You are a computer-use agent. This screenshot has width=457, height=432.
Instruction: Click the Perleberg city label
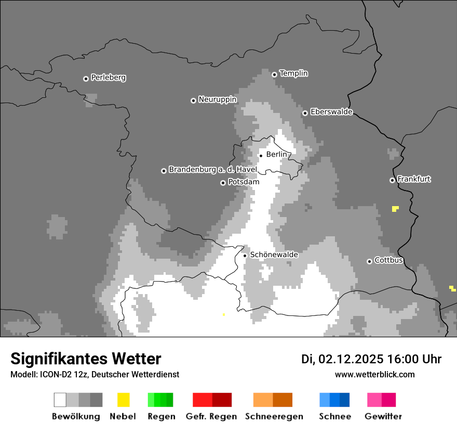coord(108,78)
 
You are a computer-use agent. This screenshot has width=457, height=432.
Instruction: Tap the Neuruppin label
coord(217,99)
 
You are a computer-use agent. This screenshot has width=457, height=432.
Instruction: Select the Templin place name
coord(293,73)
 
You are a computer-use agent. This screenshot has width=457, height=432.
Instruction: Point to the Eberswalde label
coord(331,112)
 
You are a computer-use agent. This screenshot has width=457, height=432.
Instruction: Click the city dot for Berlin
coord(261,155)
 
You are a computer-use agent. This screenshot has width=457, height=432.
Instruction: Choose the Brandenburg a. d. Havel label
coord(212,170)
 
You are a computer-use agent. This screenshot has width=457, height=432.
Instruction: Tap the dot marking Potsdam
coord(223,183)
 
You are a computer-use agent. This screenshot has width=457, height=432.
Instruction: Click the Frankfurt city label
coord(413,179)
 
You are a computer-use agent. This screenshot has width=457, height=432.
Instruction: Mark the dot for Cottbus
coord(369,261)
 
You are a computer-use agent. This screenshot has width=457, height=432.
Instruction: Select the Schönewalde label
coord(274,255)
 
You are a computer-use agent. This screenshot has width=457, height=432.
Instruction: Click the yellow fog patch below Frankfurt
coord(395,209)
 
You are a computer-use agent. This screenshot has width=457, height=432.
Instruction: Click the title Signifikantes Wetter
coord(86,359)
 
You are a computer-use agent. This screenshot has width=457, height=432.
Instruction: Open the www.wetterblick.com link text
coord(374,374)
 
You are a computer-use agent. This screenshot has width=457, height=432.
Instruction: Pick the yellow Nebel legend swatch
coord(123,400)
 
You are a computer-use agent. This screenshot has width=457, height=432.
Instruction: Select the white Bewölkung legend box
coord(60,400)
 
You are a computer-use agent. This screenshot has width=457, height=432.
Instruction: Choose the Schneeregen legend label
coord(274,416)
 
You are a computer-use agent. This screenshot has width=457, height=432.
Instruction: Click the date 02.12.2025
coord(351,359)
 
